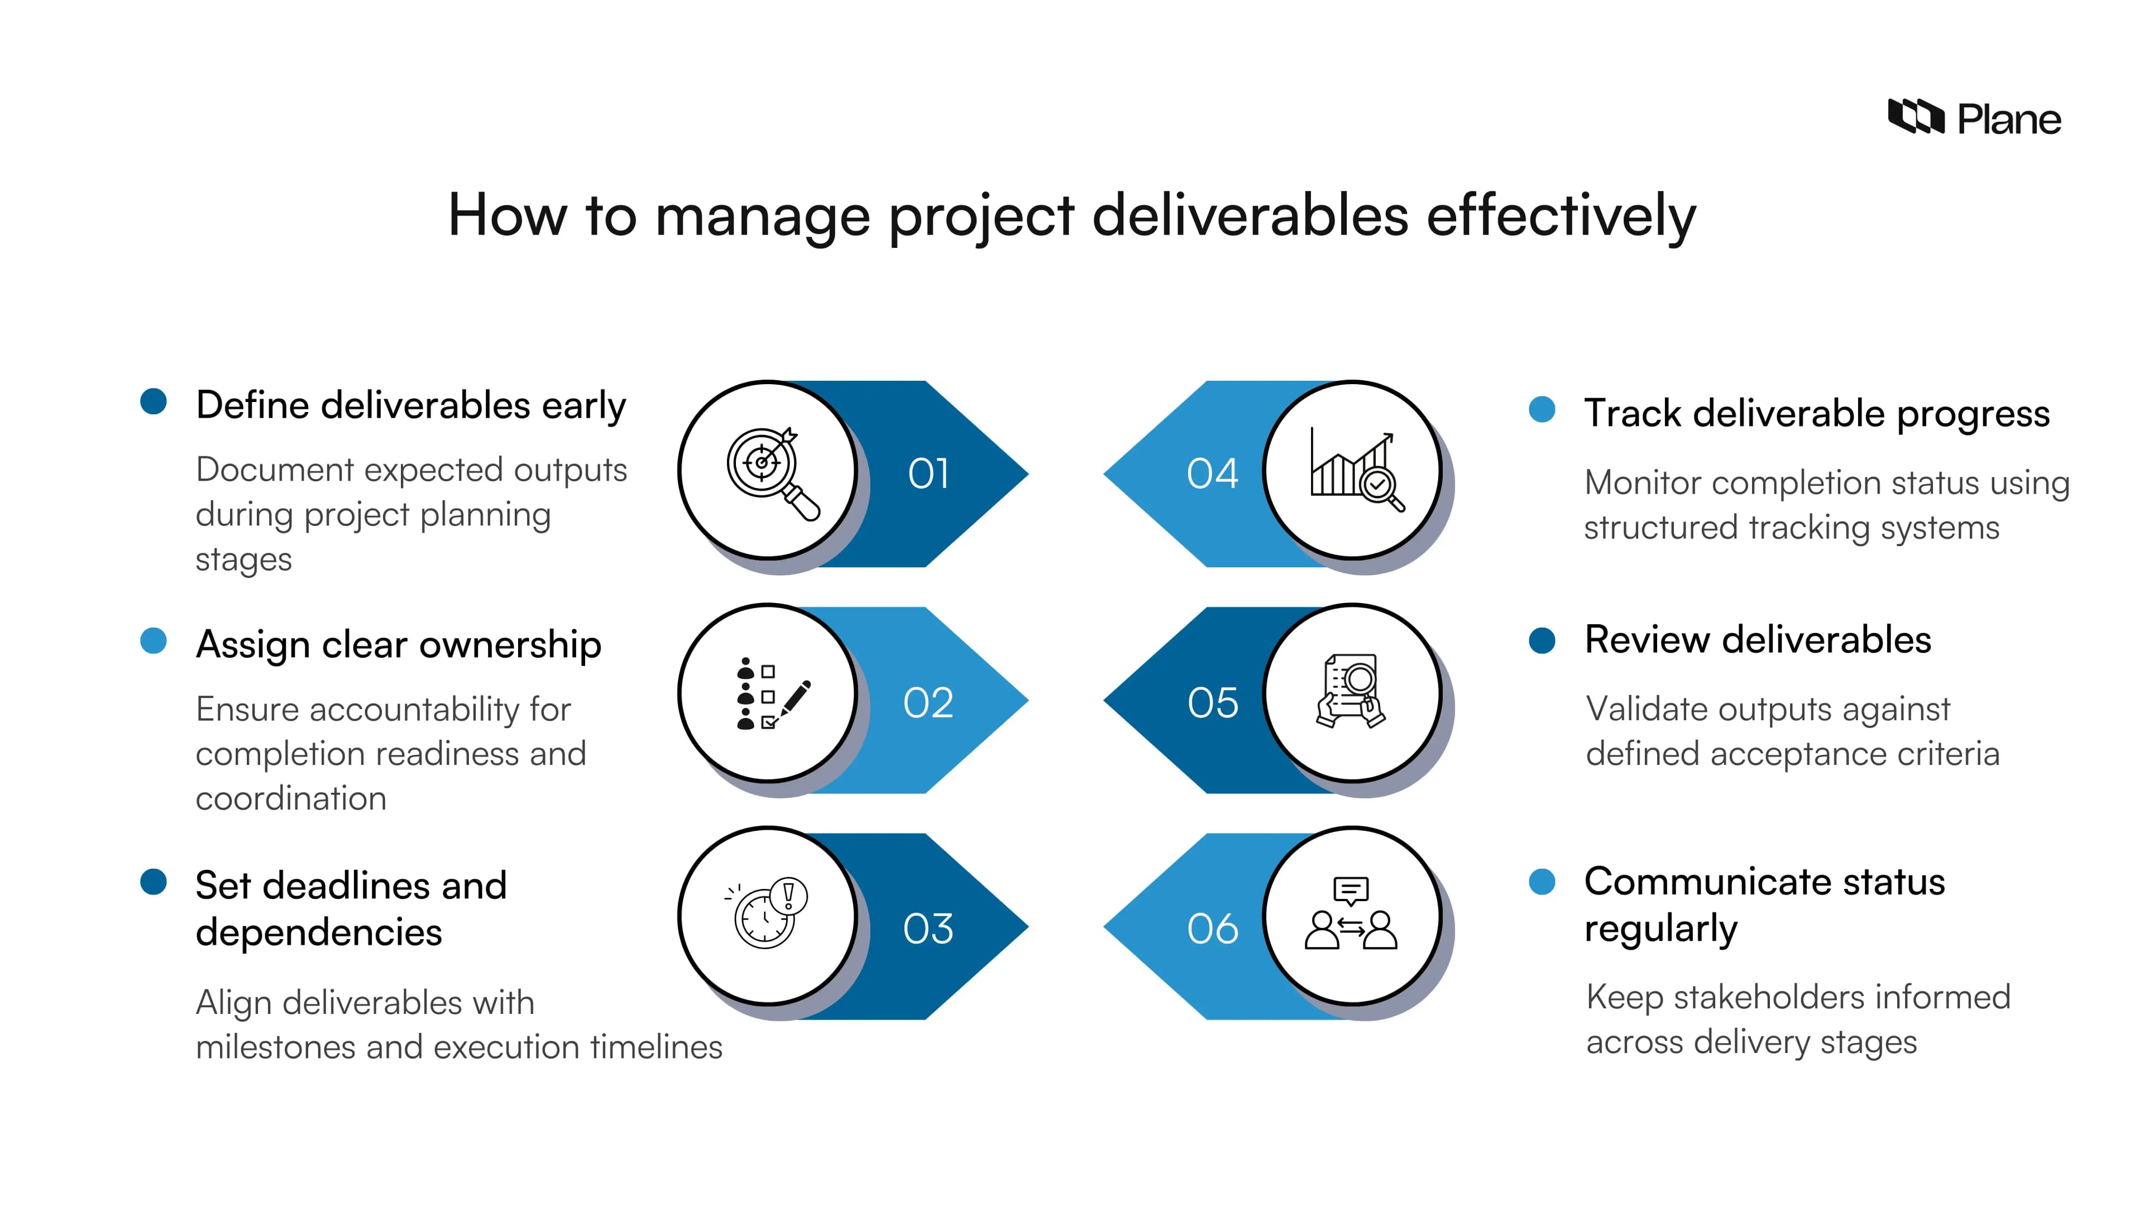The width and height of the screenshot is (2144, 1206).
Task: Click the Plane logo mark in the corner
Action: (x=1915, y=117)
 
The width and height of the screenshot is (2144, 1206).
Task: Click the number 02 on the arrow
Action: (x=928, y=703)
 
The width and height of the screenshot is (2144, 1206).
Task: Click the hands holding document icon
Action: (x=1351, y=691)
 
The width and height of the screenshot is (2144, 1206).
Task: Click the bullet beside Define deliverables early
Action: (x=153, y=401)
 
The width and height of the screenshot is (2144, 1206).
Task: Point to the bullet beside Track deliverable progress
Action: (x=1542, y=409)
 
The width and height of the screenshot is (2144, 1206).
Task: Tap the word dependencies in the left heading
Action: (x=319, y=932)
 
